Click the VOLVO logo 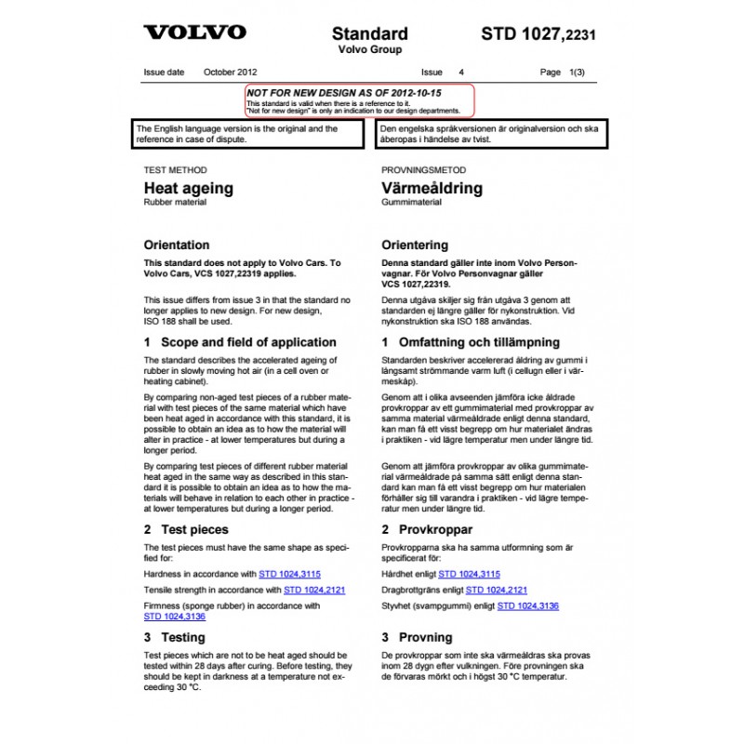click(194, 33)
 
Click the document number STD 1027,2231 click(538, 34)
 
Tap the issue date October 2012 click(231, 72)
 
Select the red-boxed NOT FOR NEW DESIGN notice click(359, 100)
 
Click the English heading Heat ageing click(189, 188)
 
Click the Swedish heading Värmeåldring click(432, 188)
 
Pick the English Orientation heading click(177, 246)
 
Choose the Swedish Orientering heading click(416, 246)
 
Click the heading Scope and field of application click(240, 342)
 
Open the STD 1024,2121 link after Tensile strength click(314, 591)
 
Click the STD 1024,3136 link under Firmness click(175, 616)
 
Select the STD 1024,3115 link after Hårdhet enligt click(469, 575)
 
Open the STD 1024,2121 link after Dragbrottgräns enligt click(497, 591)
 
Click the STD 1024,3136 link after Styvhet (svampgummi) click(528, 606)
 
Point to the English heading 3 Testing click(175, 637)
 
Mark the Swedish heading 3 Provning click(418, 637)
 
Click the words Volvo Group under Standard click(368, 50)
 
